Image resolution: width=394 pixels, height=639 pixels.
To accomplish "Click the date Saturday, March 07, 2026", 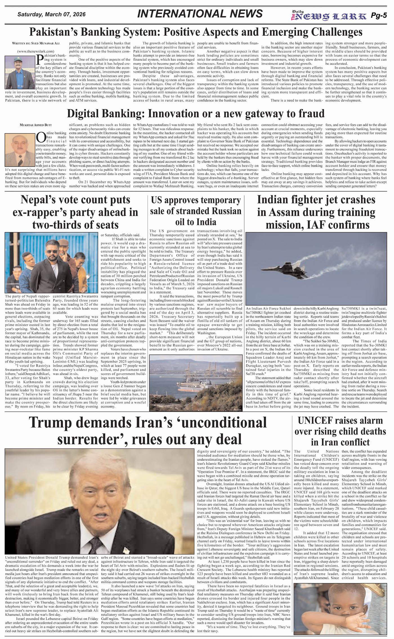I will pyautogui.click(x=52, y=14).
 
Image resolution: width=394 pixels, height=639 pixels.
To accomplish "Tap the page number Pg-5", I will pyautogui.click(x=379, y=16).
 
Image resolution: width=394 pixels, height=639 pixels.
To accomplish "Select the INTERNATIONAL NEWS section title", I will pyautogui.click(x=200, y=14).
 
